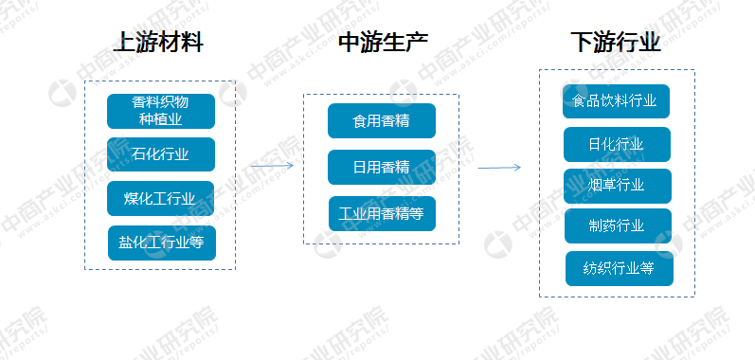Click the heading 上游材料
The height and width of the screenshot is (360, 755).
pos(158,43)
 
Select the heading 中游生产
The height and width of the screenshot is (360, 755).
pos(383,43)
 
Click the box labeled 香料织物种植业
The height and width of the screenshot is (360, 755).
pos(160,111)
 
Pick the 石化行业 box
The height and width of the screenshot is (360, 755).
pos(160,154)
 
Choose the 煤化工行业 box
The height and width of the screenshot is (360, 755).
pos(160,198)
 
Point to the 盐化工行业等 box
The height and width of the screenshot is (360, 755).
pos(161,243)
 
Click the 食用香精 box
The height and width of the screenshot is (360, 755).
pos(381,121)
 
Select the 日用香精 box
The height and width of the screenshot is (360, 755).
pos(381,167)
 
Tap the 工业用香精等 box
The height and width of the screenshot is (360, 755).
pos(382,213)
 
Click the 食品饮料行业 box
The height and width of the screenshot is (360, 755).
pos(616,101)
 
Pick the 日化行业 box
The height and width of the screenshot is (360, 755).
pos(617,144)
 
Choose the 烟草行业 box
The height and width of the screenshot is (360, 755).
pos(617,185)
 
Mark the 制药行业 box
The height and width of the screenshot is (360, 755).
pos(617,225)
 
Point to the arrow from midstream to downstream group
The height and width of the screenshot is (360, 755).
pos(498,168)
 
